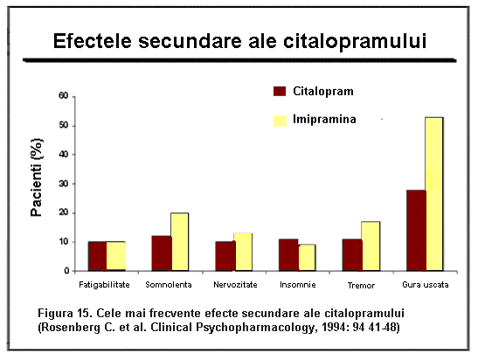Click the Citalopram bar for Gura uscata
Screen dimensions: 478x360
coord(417,231)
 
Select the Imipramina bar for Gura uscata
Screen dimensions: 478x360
coord(434,194)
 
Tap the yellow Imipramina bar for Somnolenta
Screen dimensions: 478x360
coord(180,242)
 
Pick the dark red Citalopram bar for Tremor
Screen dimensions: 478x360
coord(352,255)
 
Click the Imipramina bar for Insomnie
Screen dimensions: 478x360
coord(307,258)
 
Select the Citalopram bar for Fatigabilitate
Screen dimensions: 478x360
coord(98,256)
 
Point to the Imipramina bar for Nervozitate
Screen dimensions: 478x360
coord(244,253)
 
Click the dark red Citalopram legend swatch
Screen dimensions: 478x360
coord(280,91)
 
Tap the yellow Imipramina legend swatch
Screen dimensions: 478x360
coord(280,121)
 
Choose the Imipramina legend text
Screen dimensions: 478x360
coord(324,119)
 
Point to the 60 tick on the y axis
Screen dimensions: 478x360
coord(64,96)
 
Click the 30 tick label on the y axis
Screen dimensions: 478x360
coord(64,183)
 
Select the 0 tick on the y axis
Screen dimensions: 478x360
coord(66,271)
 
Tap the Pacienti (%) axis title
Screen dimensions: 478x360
coord(37,177)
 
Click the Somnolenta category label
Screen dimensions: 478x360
coord(169,285)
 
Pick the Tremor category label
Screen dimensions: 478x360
coord(361,286)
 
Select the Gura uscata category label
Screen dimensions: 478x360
coord(426,285)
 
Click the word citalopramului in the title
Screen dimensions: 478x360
coord(355,41)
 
